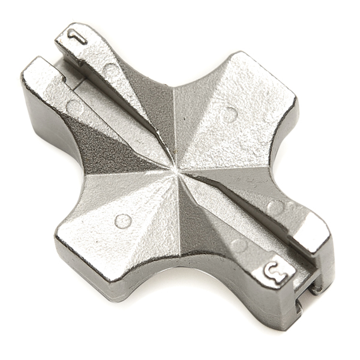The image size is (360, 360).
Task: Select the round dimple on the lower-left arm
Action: point(122,221)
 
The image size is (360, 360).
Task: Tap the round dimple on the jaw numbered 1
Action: point(112,69)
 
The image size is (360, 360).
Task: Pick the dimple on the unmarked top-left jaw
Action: point(75,107)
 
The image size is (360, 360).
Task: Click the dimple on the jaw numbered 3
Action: point(239,245)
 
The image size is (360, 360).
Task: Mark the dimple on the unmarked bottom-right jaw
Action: point(275,207)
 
